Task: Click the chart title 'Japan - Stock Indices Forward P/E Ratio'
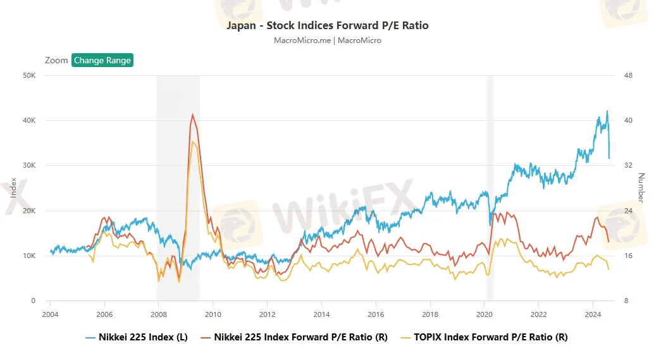pyautogui.click(x=327, y=26)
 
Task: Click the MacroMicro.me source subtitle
pyautogui.click(x=327, y=40)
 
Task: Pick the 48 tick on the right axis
pyautogui.click(x=628, y=75)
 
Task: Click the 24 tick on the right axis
pyautogui.click(x=628, y=211)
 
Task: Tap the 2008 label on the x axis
pyautogui.click(x=159, y=314)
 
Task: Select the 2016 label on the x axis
pyautogui.click(x=376, y=314)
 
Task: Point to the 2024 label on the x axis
pyautogui.click(x=593, y=314)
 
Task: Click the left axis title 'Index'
pyautogui.click(x=14, y=188)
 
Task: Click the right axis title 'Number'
pyautogui.click(x=641, y=188)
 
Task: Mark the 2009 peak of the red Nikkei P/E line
pyautogui.click(x=192, y=115)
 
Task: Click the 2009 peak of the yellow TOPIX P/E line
pyautogui.click(x=193, y=142)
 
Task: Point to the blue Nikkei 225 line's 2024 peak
pyautogui.click(x=607, y=111)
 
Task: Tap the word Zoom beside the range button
pyautogui.click(x=56, y=61)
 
